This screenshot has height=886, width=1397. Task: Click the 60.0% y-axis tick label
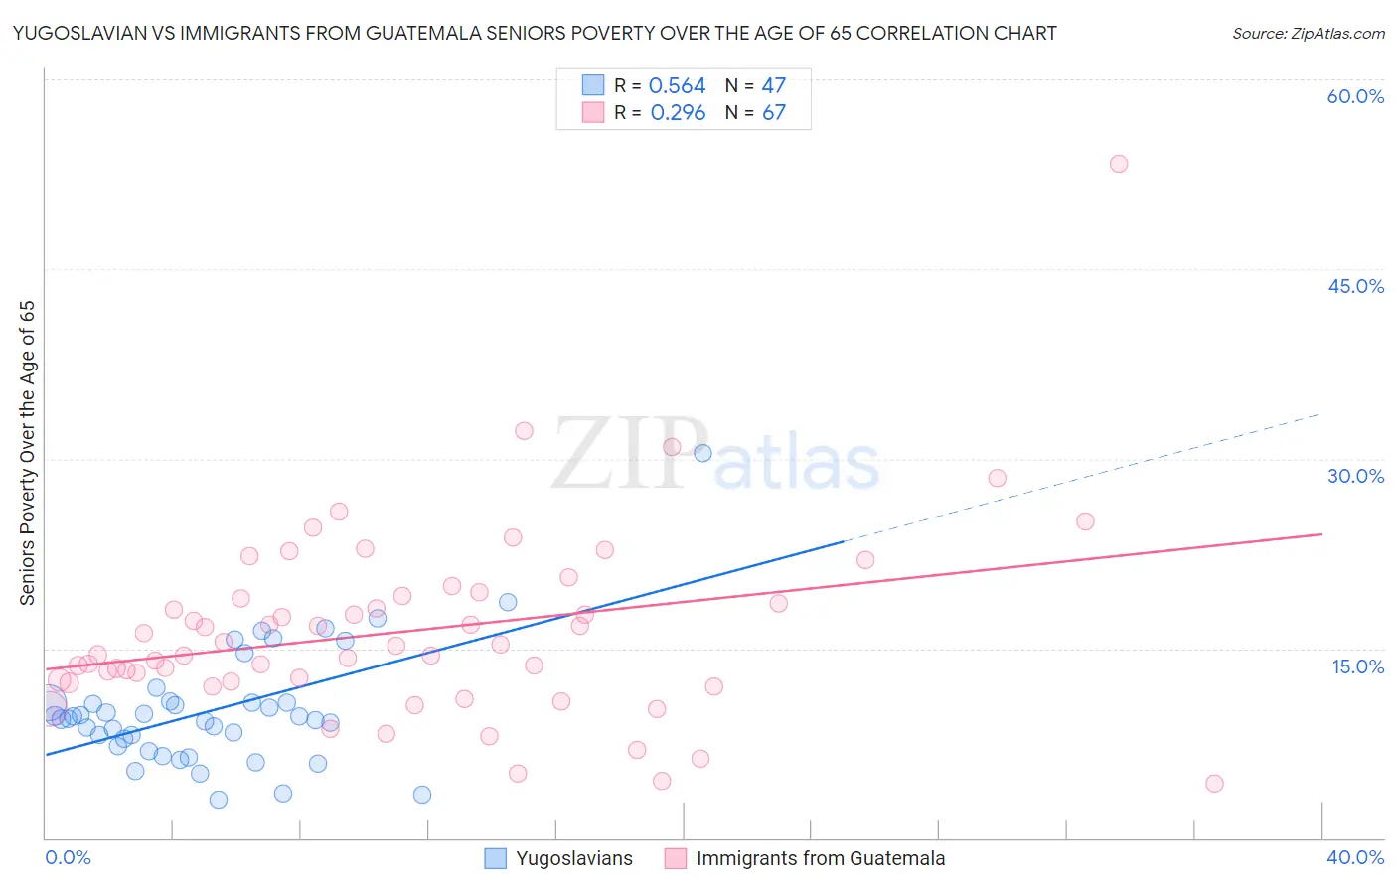coord(1355,96)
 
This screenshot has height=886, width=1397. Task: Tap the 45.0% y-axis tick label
coord(1355,286)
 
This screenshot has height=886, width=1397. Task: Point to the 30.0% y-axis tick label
coord(1355,476)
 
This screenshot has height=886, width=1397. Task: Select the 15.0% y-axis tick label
coord(1357,666)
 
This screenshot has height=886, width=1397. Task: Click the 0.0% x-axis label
coord(68,857)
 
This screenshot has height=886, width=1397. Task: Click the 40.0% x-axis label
coord(1354,857)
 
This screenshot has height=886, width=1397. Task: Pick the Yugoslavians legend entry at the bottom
coord(559,858)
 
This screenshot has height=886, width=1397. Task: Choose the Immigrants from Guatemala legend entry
coord(806,858)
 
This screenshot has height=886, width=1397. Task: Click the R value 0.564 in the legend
coord(677,86)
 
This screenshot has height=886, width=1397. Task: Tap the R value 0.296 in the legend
coord(678,112)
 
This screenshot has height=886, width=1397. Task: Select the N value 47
coord(773,86)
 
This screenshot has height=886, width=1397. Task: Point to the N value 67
coord(773,112)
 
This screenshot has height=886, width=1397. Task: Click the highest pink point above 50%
coord(1119,164)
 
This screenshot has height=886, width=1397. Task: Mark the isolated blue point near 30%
coord(702,453)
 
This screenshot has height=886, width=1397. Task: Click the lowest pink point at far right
coord(1214,784)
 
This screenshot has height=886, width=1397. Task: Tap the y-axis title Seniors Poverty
coord(27,453)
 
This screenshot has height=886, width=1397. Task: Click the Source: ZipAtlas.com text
coord(1308,34)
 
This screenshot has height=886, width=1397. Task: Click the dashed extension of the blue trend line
coord(1083,477)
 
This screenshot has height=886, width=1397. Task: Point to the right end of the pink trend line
coord(1320,534)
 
